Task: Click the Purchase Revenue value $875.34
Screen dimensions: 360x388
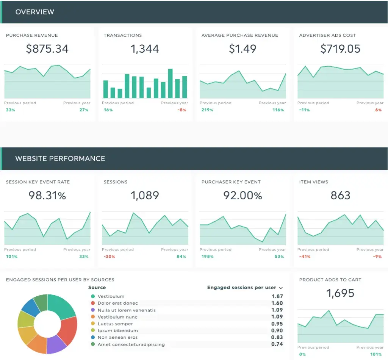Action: [x=47, y=49]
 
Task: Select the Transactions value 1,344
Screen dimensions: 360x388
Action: [x=145, y=49]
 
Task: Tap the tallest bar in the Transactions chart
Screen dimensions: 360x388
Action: [x=170, y=83]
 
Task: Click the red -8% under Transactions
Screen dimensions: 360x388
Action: [x=183, y=110]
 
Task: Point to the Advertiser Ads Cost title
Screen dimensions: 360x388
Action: [x=327, y=35]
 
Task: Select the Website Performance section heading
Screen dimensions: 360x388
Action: [x=60, y=158]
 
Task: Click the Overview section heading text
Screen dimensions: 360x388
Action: [x=35, y=12]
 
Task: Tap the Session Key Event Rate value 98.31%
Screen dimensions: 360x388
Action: [x=47, y=196]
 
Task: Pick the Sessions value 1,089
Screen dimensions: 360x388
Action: [x=145, y=196]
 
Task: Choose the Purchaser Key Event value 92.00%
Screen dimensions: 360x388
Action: [x=242, y=196]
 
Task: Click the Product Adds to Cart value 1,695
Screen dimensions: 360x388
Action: [x=340, y=293]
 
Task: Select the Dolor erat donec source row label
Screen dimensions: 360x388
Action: [x=117, y=303]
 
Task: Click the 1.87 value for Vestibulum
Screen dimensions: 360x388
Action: [x=277, y=296]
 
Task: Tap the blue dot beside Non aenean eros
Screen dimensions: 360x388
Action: [x=92, y=337]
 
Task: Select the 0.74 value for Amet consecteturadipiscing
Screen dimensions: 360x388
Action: [x=277, y=344]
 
